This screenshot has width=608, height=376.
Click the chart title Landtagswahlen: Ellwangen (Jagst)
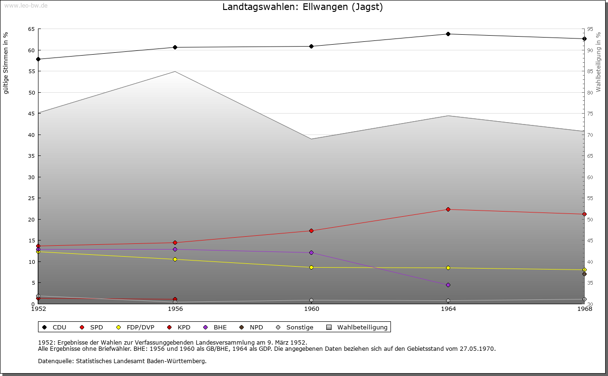(x=303, y=7)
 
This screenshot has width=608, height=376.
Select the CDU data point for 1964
(x=448, y=34)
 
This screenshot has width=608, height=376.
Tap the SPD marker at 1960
(x=312, y=231)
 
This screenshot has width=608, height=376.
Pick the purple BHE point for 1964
(x=448, y=285)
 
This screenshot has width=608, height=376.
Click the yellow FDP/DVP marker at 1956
(x=175, y=259)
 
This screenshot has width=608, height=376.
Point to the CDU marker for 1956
(x=175, y=47)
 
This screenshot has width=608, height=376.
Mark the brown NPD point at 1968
(x=584, y=274)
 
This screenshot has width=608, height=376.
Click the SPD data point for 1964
(x=448, y=209)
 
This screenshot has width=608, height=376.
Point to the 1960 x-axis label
(x=312, y=309)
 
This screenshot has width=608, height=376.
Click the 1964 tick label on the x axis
(x=448, y=309)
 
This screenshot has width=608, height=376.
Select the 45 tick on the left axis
(x=31, y=114)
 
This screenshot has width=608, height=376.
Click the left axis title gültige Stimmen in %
(x=6, y=63)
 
